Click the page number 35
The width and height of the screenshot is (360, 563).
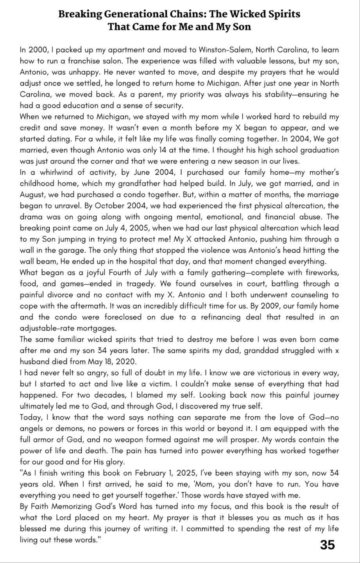pyautogui.click(x=328, y=545)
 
